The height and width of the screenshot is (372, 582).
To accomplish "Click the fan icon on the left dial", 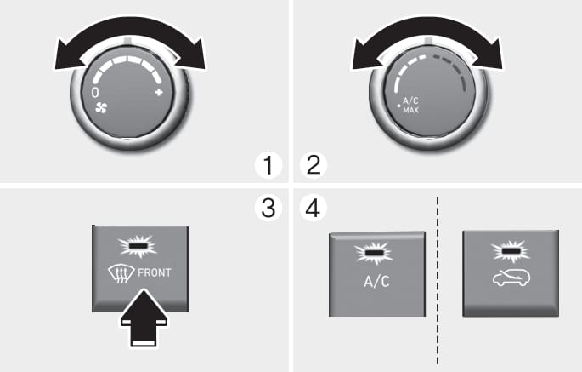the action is coord(101,108).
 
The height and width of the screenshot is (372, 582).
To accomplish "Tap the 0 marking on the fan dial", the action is coord(95,93).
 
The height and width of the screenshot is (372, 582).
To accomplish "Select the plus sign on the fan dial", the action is coord(159,92).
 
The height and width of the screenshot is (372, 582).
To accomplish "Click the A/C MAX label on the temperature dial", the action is coord(411,106).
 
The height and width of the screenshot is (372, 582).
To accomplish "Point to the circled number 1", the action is coord(268,165).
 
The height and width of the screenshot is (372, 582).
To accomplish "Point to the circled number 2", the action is coord(314,165).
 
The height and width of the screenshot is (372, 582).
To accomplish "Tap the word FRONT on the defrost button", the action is coord(155,273).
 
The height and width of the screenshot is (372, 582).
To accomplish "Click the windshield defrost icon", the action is coord(121,275).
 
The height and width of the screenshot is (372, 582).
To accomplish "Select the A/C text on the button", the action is coord(376,282).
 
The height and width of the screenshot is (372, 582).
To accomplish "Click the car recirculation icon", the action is coord(511,278).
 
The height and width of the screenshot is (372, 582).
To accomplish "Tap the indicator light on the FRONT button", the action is coord(138,246).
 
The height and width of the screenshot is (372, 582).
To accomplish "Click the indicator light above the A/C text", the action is coord(374,253).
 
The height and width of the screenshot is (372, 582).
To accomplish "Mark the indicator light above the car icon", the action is coord(510,250).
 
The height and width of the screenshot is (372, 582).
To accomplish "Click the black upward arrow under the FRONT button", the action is coord(144,318).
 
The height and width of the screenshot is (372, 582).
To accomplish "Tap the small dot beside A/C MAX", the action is coord(399,106).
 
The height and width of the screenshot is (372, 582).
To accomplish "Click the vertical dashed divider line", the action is coord(438,281).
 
